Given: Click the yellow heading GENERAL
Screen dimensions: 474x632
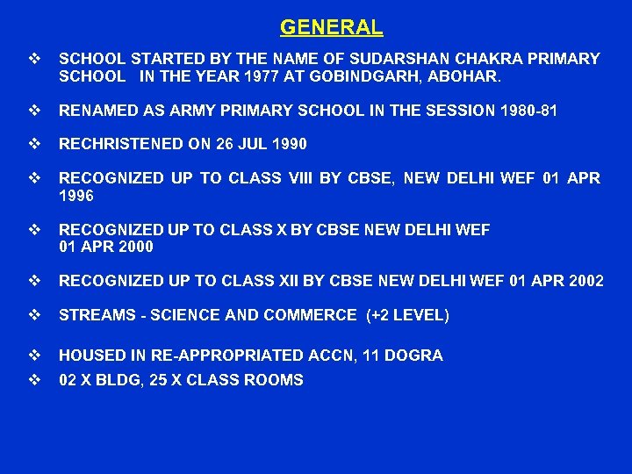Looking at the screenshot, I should (331, 27).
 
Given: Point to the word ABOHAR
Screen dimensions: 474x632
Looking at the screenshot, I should (468, 76).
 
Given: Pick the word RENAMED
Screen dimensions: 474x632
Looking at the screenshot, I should (97, 111).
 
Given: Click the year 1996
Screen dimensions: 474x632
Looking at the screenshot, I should (76, 196).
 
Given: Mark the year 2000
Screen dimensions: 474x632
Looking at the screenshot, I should (134, 247).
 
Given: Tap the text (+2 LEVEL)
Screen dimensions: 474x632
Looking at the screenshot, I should (408, 315).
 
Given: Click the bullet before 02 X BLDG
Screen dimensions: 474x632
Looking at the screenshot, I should (34, 380).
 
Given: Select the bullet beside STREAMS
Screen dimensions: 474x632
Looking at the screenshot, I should (34, 315).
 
